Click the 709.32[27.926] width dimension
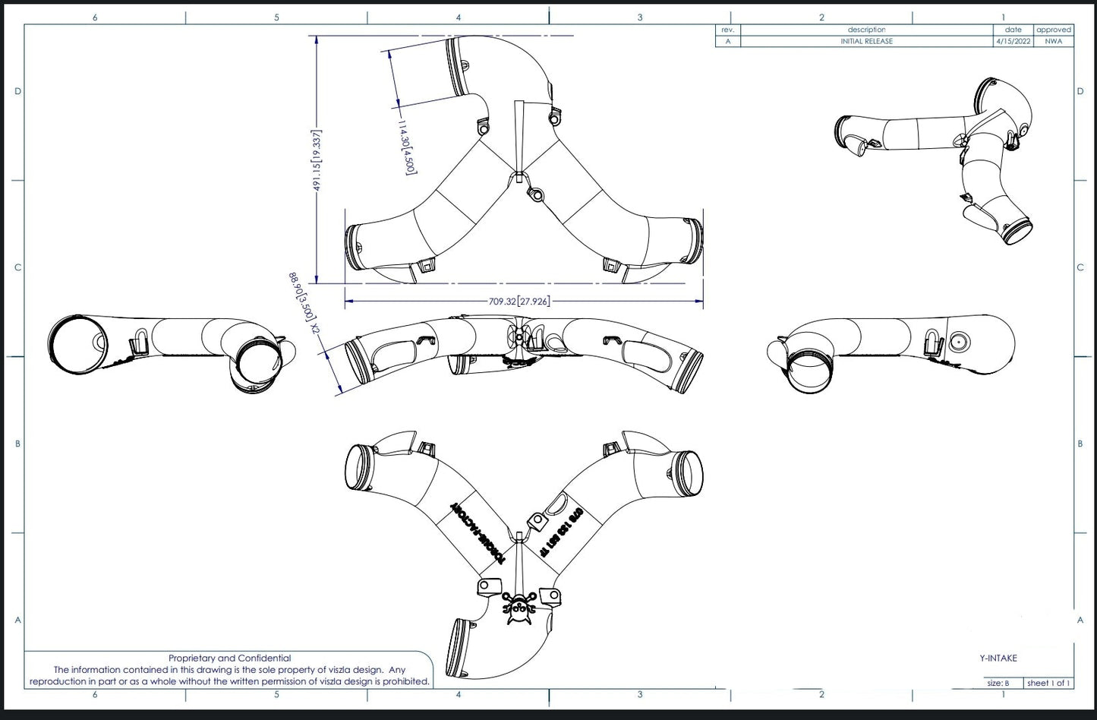[519, 302]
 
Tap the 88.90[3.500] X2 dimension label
[301, 305]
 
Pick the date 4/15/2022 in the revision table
[1013, 41]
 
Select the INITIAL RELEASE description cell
[866, 41]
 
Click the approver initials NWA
[1053, 41]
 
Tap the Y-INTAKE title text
[998, 658]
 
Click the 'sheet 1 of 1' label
[1048, 683]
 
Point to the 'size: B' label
[998, 683]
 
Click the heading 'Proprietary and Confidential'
[229, 658]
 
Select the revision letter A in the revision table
[727, 41]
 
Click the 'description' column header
[866, 30]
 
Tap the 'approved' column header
[1053, 30]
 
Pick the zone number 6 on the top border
[95, 17]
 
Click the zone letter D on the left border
[17, 91]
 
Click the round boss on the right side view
[960, 343]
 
